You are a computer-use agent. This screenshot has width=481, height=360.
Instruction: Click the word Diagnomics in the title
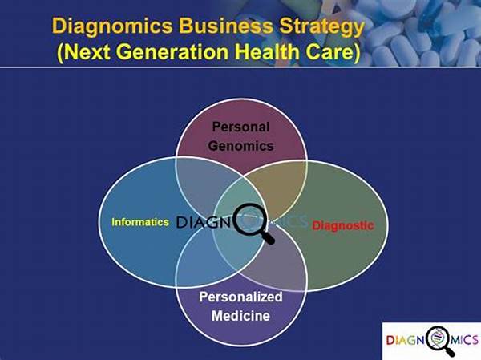click(x=112, y=26)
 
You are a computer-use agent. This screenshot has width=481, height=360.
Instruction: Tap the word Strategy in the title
click(x=322, y=27)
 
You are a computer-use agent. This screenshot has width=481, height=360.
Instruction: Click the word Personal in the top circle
click(x=240, y=127)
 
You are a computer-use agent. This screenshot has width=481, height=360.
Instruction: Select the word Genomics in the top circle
click(x=240, y=145)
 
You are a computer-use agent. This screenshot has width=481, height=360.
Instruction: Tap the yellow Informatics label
click(x=140, y=222)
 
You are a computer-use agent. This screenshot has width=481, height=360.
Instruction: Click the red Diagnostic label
click(x=343, y=225)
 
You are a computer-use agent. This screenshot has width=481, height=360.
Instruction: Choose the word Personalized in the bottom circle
click(x=240, y=297)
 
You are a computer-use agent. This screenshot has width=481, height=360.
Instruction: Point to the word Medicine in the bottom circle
click(x=240, y=315)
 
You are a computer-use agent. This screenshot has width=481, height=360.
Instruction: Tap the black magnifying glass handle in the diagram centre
click(x=268, y=238)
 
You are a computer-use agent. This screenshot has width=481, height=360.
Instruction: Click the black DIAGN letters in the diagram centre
click(x=204, y=222)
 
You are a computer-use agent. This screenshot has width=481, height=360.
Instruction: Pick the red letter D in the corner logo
click(x=390, y=341)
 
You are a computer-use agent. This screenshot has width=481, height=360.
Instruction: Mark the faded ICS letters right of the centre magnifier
click(x=292, y=221)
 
